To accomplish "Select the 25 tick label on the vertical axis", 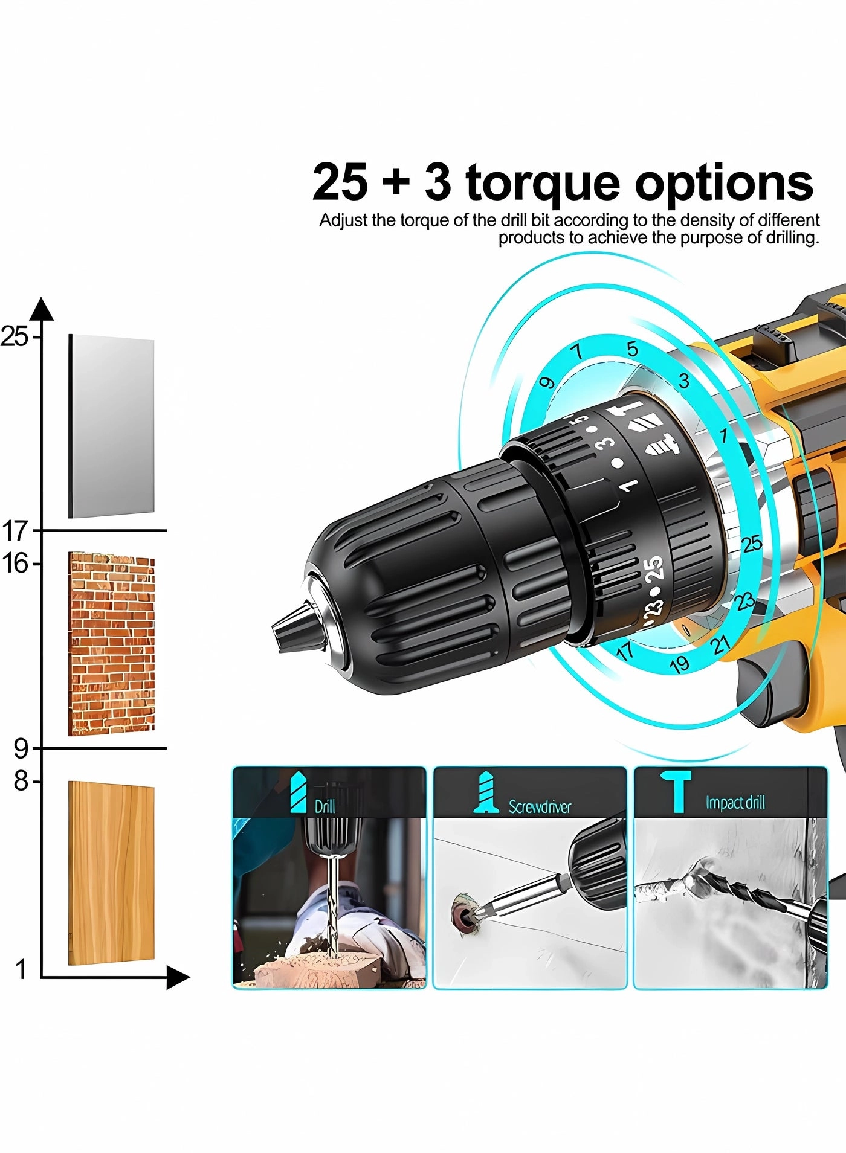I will (15, 336).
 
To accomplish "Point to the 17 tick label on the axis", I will (16, 532).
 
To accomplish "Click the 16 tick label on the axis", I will (16, 564).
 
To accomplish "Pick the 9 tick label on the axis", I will (21, 749).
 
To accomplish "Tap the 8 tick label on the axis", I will (21, 782).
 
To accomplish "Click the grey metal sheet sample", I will (111, 426).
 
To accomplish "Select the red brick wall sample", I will (111, 644).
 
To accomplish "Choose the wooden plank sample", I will (111, 872).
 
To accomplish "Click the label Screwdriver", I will (540, 807).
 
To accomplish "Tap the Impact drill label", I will (735, 803).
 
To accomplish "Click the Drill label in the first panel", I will (325, 806).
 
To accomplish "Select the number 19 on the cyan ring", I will (680, 664).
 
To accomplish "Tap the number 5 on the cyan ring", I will (632, 349).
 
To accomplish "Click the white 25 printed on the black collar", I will (654, 569).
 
